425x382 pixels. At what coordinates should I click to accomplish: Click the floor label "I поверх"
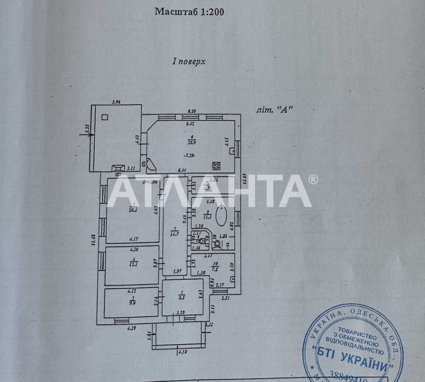pos(189,62)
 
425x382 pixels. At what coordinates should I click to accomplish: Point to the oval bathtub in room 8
pos(221,216)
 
